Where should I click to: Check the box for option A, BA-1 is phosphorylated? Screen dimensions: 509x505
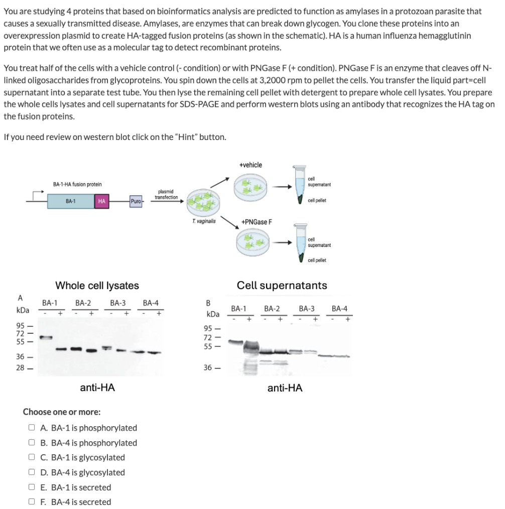(31, 428)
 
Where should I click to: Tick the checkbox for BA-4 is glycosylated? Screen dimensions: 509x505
(31, 472)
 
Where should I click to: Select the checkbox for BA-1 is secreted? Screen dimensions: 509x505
(31, 487)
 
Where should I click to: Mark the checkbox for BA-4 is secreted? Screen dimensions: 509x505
(31, 502)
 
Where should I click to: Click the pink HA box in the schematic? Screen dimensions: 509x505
(101, 201)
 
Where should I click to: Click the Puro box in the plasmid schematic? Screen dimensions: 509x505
(136, 201)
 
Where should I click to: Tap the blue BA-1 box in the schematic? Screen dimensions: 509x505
(71, 201)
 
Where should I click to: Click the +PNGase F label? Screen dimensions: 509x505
(257, 221)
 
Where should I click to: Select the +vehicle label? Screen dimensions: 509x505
(250, 165)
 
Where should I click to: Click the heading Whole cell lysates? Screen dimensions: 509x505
(97, 286)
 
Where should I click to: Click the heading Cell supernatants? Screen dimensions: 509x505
(282, 286)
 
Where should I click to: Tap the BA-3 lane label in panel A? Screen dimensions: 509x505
(117, 303)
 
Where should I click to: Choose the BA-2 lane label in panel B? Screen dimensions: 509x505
(272, 308)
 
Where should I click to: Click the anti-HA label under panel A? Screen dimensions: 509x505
(97, 387)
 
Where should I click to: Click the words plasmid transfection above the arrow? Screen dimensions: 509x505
(166, 194)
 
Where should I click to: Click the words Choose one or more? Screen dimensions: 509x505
(62, 412)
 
